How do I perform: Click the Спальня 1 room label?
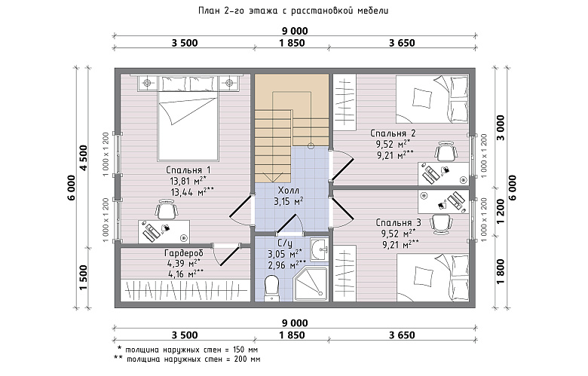[188, 170]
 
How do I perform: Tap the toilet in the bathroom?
[271, 288]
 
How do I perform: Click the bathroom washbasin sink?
[320, 248]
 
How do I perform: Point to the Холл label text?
[289, 191]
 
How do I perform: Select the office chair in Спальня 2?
[446, 151]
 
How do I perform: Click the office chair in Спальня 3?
[441, 224]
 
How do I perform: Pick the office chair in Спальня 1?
[166, 209]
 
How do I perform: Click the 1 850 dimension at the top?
[292, 43]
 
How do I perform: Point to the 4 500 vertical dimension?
[83, 157]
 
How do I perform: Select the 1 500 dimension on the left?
[83, 277]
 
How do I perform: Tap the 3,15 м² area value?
[289, 202]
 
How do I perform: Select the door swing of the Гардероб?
[225, 255]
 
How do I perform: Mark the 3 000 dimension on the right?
[501, 127]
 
